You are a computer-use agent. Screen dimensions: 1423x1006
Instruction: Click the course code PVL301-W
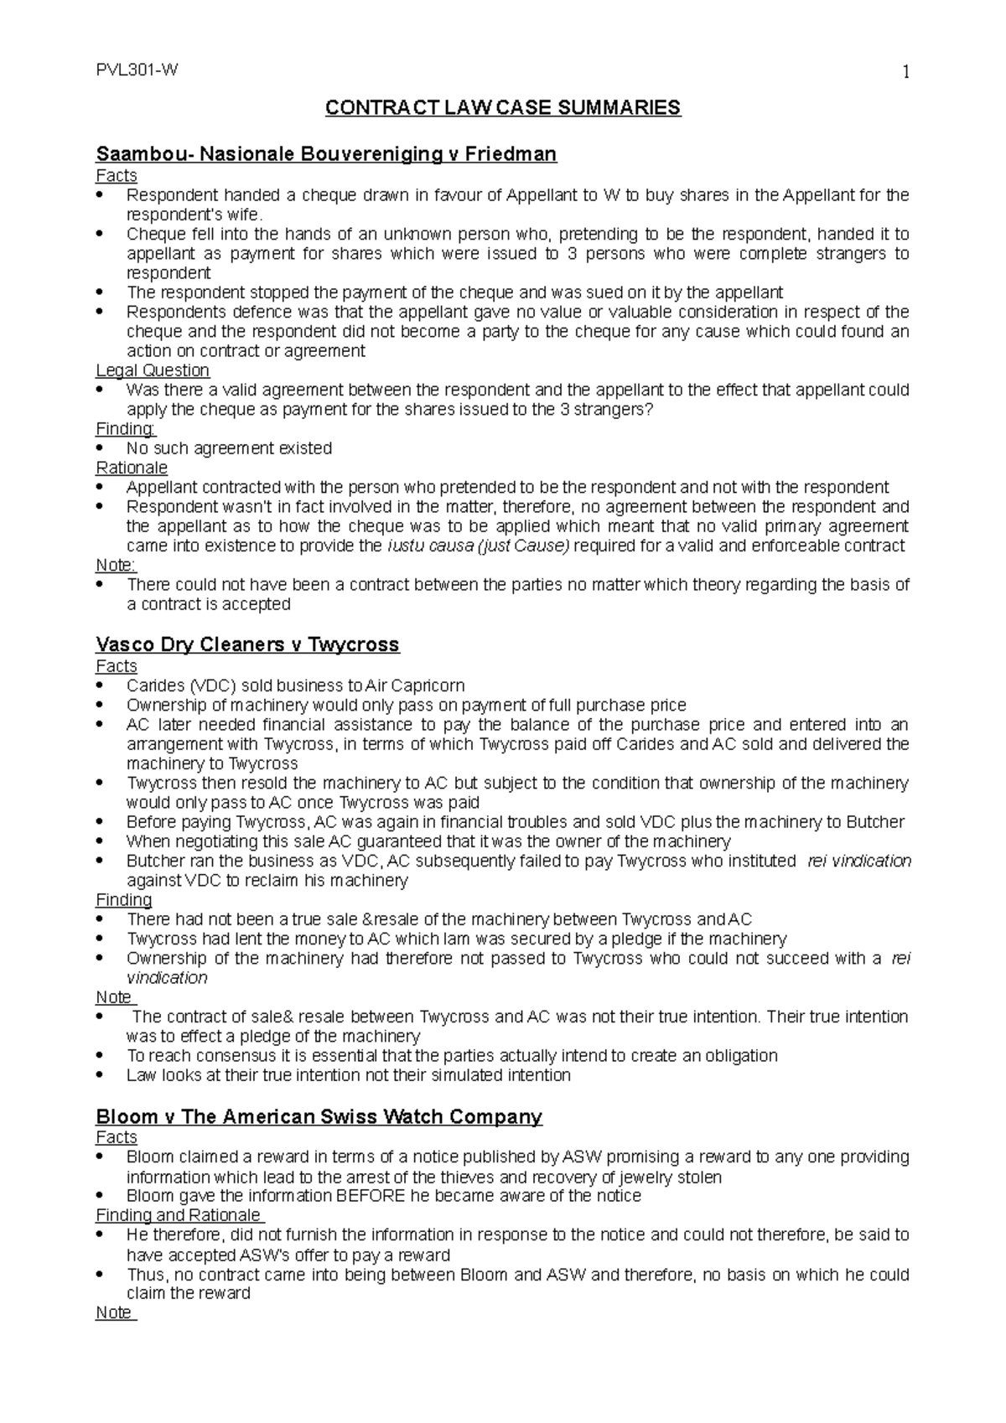coord(137,71)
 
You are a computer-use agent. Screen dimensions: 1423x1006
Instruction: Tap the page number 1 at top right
coord(905,73)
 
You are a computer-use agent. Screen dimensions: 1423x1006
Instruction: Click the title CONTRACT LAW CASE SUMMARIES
coord(503,107)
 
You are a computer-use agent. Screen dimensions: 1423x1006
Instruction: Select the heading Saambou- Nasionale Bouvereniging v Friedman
coord(326,154)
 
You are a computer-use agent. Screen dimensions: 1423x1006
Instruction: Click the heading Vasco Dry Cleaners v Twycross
coord(247,644)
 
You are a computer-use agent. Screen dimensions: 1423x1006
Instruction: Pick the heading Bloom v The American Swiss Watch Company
coord(319,1116)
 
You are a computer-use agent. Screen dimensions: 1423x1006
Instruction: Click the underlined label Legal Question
coord(153,370)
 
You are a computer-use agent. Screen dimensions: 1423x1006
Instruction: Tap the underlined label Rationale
coord(132,468)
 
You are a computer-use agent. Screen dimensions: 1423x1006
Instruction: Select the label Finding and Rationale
coord(179,1215)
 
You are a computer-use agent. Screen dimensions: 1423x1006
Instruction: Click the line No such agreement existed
coord(229,448)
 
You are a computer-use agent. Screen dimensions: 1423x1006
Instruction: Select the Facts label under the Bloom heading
coord(117,1137)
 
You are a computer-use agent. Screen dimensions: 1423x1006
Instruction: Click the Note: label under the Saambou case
coord(116,565)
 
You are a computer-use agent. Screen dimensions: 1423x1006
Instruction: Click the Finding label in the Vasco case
coord(124,900)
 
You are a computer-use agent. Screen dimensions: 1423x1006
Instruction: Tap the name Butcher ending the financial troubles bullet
coord(876,821)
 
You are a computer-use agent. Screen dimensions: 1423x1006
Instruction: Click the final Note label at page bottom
coord(115,1312)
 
